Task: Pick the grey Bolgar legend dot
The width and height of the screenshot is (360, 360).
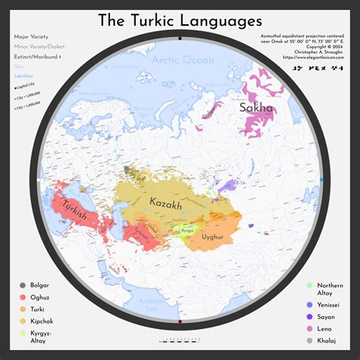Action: (x=23, y=286)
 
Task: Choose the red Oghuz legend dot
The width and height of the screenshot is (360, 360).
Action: (x=23, y=298)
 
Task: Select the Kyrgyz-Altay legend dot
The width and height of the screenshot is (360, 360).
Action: (x=23, y=333)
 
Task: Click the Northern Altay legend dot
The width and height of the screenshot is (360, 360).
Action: (x=309, y=286)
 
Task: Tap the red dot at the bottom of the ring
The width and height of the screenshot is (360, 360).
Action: (x=179, y=323)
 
